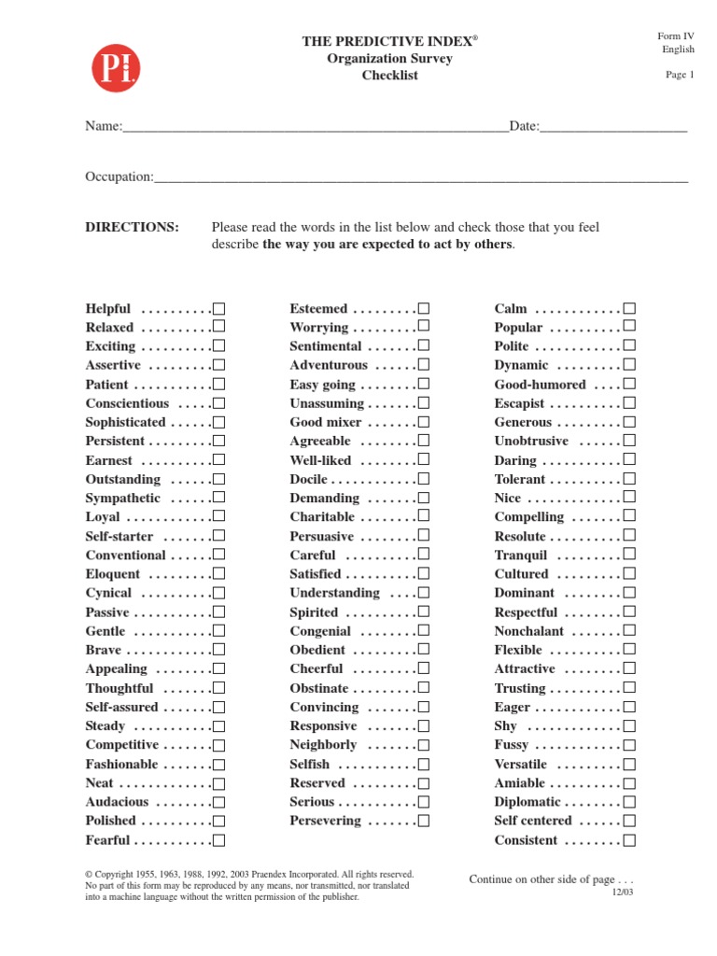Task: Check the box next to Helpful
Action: coord(218,309)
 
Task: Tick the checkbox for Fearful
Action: coord(218,840)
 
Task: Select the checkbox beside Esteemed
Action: coord(424,309)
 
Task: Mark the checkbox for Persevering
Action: coord(424,822)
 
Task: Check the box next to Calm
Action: coord(629,309)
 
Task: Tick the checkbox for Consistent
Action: coord(629,840)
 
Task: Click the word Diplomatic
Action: coord(527,802)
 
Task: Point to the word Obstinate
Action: coord(319,688)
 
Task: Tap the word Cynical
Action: coord(108,593)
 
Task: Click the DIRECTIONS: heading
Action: coord(132,227)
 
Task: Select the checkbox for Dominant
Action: coord(629,593)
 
